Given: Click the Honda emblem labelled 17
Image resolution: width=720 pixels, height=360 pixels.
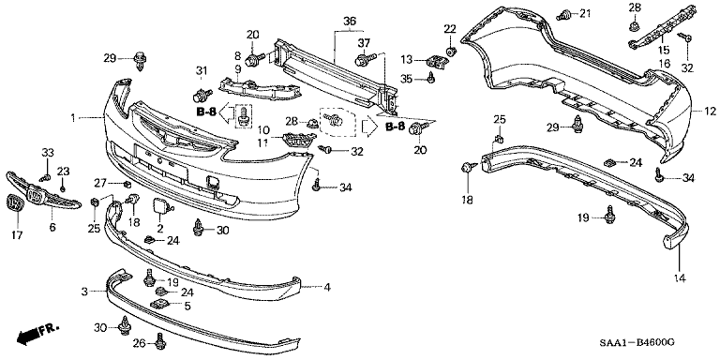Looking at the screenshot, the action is (15, 203).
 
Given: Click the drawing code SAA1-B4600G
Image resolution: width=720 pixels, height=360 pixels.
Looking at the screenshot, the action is (640, 342).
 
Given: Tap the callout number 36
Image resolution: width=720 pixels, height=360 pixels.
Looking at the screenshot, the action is (350, 22).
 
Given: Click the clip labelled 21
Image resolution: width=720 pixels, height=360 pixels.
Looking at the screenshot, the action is (563, 16).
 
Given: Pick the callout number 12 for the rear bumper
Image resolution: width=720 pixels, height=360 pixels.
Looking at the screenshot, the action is (711, 112).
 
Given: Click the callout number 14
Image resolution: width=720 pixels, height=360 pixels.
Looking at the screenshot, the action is (680, 277).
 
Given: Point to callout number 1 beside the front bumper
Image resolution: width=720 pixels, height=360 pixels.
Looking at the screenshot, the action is (72, 118).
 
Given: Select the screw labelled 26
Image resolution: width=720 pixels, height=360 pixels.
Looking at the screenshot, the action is (159, 340).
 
